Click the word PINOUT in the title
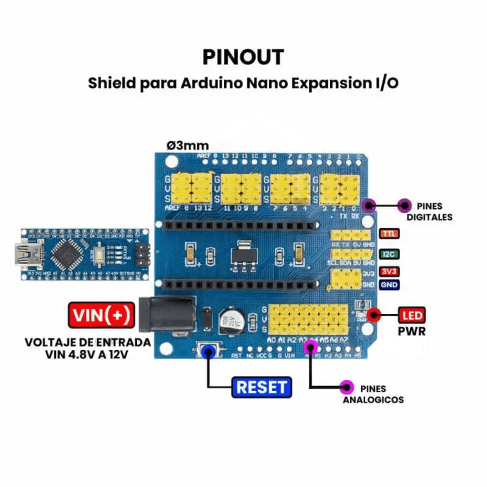tap(243, 57)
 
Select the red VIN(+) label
tap(102, 315)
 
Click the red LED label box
tap(412, 315)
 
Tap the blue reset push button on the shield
tap(209, 352)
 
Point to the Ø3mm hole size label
tap(187, 145)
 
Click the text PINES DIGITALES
tap(429, 211)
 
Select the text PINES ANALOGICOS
tap(373, 394)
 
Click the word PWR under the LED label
tap(412, 332)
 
